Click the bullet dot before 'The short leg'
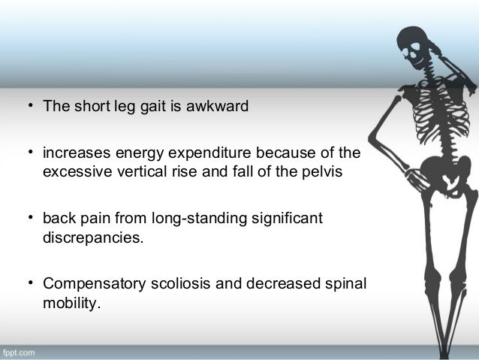pyautogui.click(x=31, y=104)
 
